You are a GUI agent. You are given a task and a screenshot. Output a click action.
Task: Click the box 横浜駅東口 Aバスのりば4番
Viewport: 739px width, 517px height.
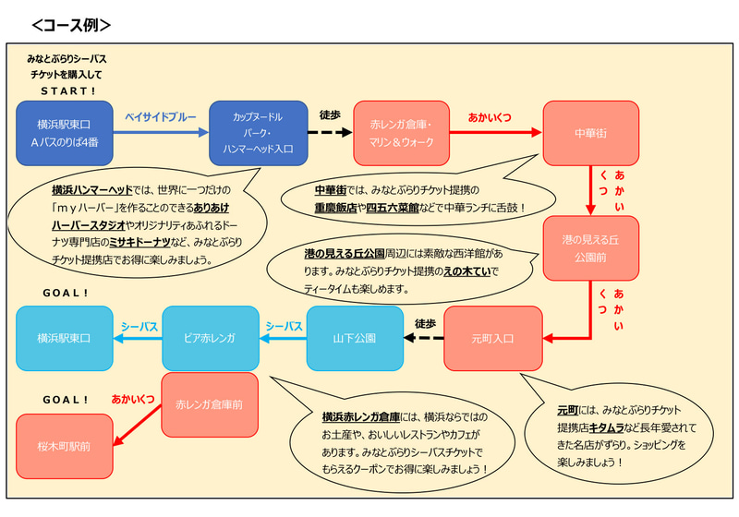point(64,133)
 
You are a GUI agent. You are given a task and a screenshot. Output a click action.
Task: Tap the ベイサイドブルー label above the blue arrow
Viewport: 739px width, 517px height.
point(161,117)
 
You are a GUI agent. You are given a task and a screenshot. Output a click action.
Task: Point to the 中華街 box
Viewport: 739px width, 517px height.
point(590,133)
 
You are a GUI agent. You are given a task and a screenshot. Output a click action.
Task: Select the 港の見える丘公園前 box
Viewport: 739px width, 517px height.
point(590,247)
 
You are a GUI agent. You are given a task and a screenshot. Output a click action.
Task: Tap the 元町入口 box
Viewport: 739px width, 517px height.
point(492,338)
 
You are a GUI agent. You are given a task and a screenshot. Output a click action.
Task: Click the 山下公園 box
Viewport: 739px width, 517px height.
point(355,338)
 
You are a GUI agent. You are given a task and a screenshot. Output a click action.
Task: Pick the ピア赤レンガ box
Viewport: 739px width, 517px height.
point(211,338)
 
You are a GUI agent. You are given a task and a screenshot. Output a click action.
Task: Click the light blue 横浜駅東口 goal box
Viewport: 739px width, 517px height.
point(64,338)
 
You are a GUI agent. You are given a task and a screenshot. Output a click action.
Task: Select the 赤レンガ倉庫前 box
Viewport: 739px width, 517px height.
point(210,404)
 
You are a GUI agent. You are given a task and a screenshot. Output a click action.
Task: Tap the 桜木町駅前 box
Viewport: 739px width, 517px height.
point(64,446)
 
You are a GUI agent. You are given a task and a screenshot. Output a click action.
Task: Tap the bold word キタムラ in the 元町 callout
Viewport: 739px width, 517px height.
point(609,425)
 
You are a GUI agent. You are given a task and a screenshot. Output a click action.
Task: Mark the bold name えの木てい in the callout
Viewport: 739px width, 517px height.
point(469,271)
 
